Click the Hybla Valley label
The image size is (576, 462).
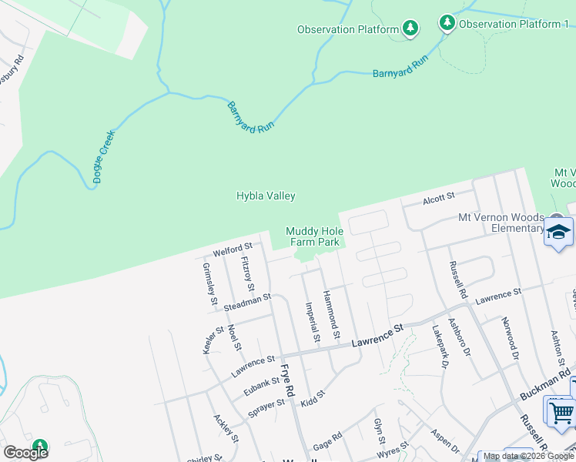tap(266, 196)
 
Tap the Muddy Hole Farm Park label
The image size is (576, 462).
tap(313, 236)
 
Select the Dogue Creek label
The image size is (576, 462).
tap(104, 156)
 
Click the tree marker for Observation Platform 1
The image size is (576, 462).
tap(447, 23)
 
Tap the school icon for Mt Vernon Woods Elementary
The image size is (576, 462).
tap(558, 232)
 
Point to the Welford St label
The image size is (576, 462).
tap(233, 249)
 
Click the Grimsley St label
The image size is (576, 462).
tap(208, 283)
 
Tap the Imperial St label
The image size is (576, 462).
tap(311, 322)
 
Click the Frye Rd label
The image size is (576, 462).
tap(288, 380)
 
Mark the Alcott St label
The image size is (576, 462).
tap(439, 200)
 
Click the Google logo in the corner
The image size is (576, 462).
tap(25, 452)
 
